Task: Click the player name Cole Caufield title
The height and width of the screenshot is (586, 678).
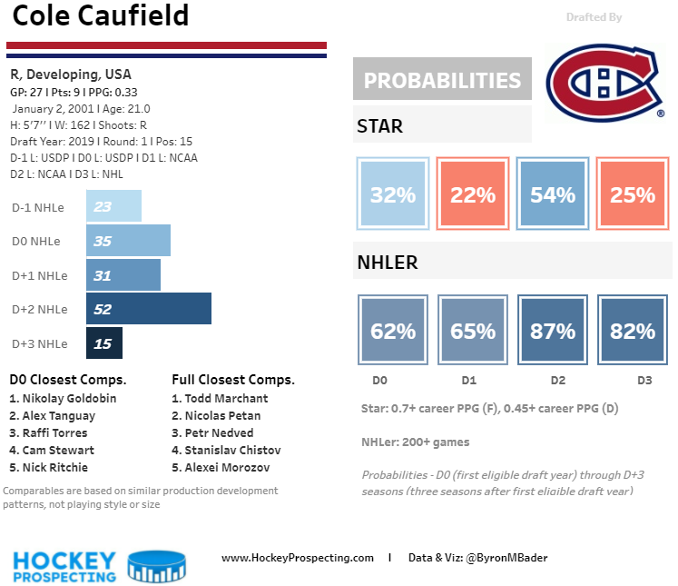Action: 101,16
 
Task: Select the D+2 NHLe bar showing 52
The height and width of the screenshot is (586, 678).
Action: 149,309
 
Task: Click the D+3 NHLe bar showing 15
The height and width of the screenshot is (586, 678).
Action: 104,343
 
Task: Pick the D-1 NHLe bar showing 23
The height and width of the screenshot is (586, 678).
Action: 113,206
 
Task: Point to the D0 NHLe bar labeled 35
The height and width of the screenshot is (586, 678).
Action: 128,241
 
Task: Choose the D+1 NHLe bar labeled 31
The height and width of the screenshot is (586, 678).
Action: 123,275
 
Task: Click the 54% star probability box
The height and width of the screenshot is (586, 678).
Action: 553,194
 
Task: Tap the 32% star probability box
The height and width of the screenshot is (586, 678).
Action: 393,194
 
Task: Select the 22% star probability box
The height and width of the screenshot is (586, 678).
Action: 473,194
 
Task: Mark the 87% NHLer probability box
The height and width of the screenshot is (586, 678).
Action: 553,331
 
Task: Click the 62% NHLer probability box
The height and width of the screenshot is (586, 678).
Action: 393,331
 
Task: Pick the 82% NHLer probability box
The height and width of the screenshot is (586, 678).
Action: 633,331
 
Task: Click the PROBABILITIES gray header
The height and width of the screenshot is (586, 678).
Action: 442,81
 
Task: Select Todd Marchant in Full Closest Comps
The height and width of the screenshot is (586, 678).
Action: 221,399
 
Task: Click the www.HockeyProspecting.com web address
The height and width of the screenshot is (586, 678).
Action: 297,558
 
